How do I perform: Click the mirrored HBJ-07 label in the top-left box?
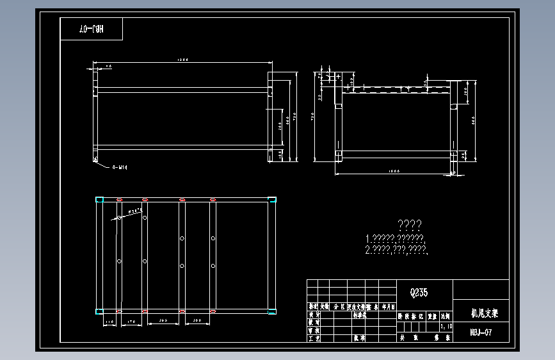(x=92, y=29)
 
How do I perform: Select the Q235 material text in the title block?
(x=419, y=292)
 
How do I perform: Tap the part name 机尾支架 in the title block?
(x=480, y=314)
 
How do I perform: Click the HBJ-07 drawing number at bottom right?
(x=480, y=332)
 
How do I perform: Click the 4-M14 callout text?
(x=120, y=167)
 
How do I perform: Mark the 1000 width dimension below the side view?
(x=394, y=171)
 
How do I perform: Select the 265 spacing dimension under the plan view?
(x=164, y=320)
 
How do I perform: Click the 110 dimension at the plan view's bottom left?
(x=109, y=320)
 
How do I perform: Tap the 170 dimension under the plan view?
(x=132, y=320)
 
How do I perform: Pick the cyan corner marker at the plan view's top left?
(x=99, y=200)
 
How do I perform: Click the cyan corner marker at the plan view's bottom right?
(x=272, y=312)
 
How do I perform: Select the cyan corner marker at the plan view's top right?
(x=272, y=200)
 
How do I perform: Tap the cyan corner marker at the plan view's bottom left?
(x=99, y=312)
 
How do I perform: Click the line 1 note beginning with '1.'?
(x=398, y=238)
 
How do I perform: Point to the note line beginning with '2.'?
(x=395, y=249)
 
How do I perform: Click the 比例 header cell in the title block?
(x=445, y=316)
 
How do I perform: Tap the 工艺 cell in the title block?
(x=314, y=338)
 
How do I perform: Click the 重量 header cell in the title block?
(x=433, y=316)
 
